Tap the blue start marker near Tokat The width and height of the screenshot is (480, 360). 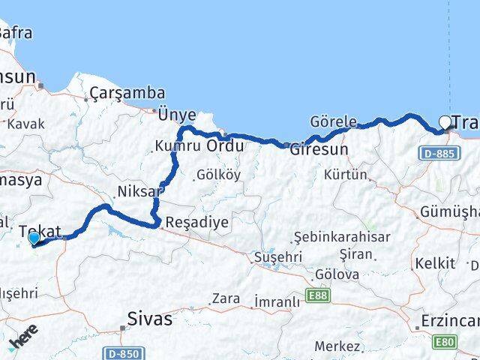(x=34, y=239)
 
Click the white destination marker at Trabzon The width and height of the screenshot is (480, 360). (x=445, y=122)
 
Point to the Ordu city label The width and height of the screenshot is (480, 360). (x=224, y=145)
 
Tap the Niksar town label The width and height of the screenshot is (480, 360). (x=139, y=191)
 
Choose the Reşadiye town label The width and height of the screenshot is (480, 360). (x=196, y=223)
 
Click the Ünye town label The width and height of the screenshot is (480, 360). (x=177, y=115)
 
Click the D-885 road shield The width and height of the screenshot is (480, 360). (x=436, y=153)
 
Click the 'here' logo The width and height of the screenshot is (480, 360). (x=23, y=339)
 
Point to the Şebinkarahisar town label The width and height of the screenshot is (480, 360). (x=332, y=237)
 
